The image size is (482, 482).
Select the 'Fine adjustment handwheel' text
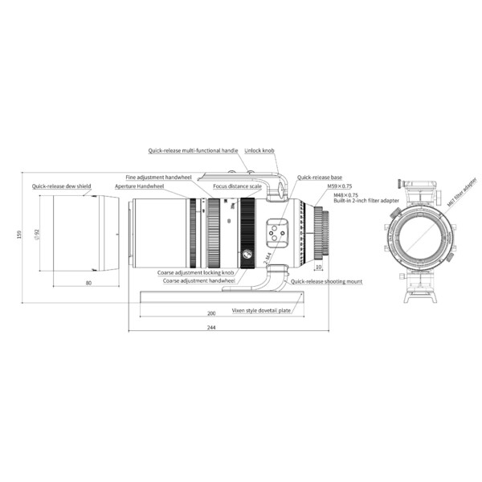[x=158, y=176]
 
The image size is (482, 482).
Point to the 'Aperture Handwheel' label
[x=139, y=186]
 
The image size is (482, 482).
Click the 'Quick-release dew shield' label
[x=63, y=186]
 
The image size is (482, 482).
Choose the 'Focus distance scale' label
[x=237, y=186]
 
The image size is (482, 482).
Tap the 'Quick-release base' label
[x=320, y=177]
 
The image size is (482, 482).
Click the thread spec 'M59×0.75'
[x=340, y=186]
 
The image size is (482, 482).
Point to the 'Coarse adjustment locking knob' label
[x=196, y=272]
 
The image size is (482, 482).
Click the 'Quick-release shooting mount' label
[x=326, y=282]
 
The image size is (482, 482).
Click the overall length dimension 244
[x=211, y=327]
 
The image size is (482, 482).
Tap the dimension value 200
[x=211, y=313]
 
